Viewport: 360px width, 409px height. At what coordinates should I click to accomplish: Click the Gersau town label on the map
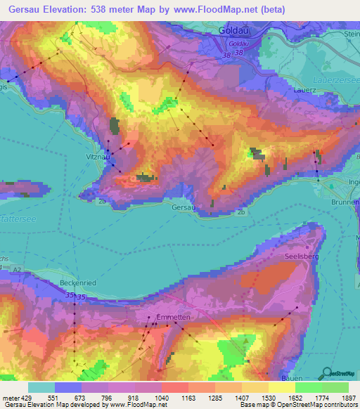click(x=181, y=207)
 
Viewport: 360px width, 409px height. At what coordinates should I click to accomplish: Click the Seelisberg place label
click(x=302, y=257)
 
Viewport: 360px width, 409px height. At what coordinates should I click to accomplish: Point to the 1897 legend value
click(x=348, y=398)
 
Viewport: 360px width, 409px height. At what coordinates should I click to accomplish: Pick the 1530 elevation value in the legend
click(x=268, y=398)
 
